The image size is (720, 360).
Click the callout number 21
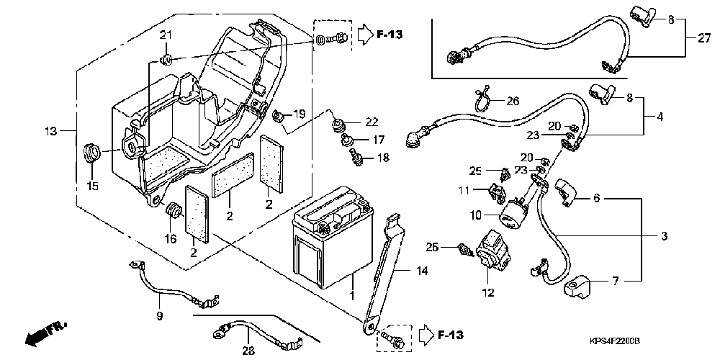click(166, 35)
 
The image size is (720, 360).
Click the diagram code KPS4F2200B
click(615, 341)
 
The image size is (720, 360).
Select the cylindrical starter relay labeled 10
click(513, 215)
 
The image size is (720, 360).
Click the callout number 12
click(489, 292)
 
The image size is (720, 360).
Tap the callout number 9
click(160, 316)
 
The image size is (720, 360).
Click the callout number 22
click(372, 122)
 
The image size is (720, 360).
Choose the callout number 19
click(299, 114)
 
